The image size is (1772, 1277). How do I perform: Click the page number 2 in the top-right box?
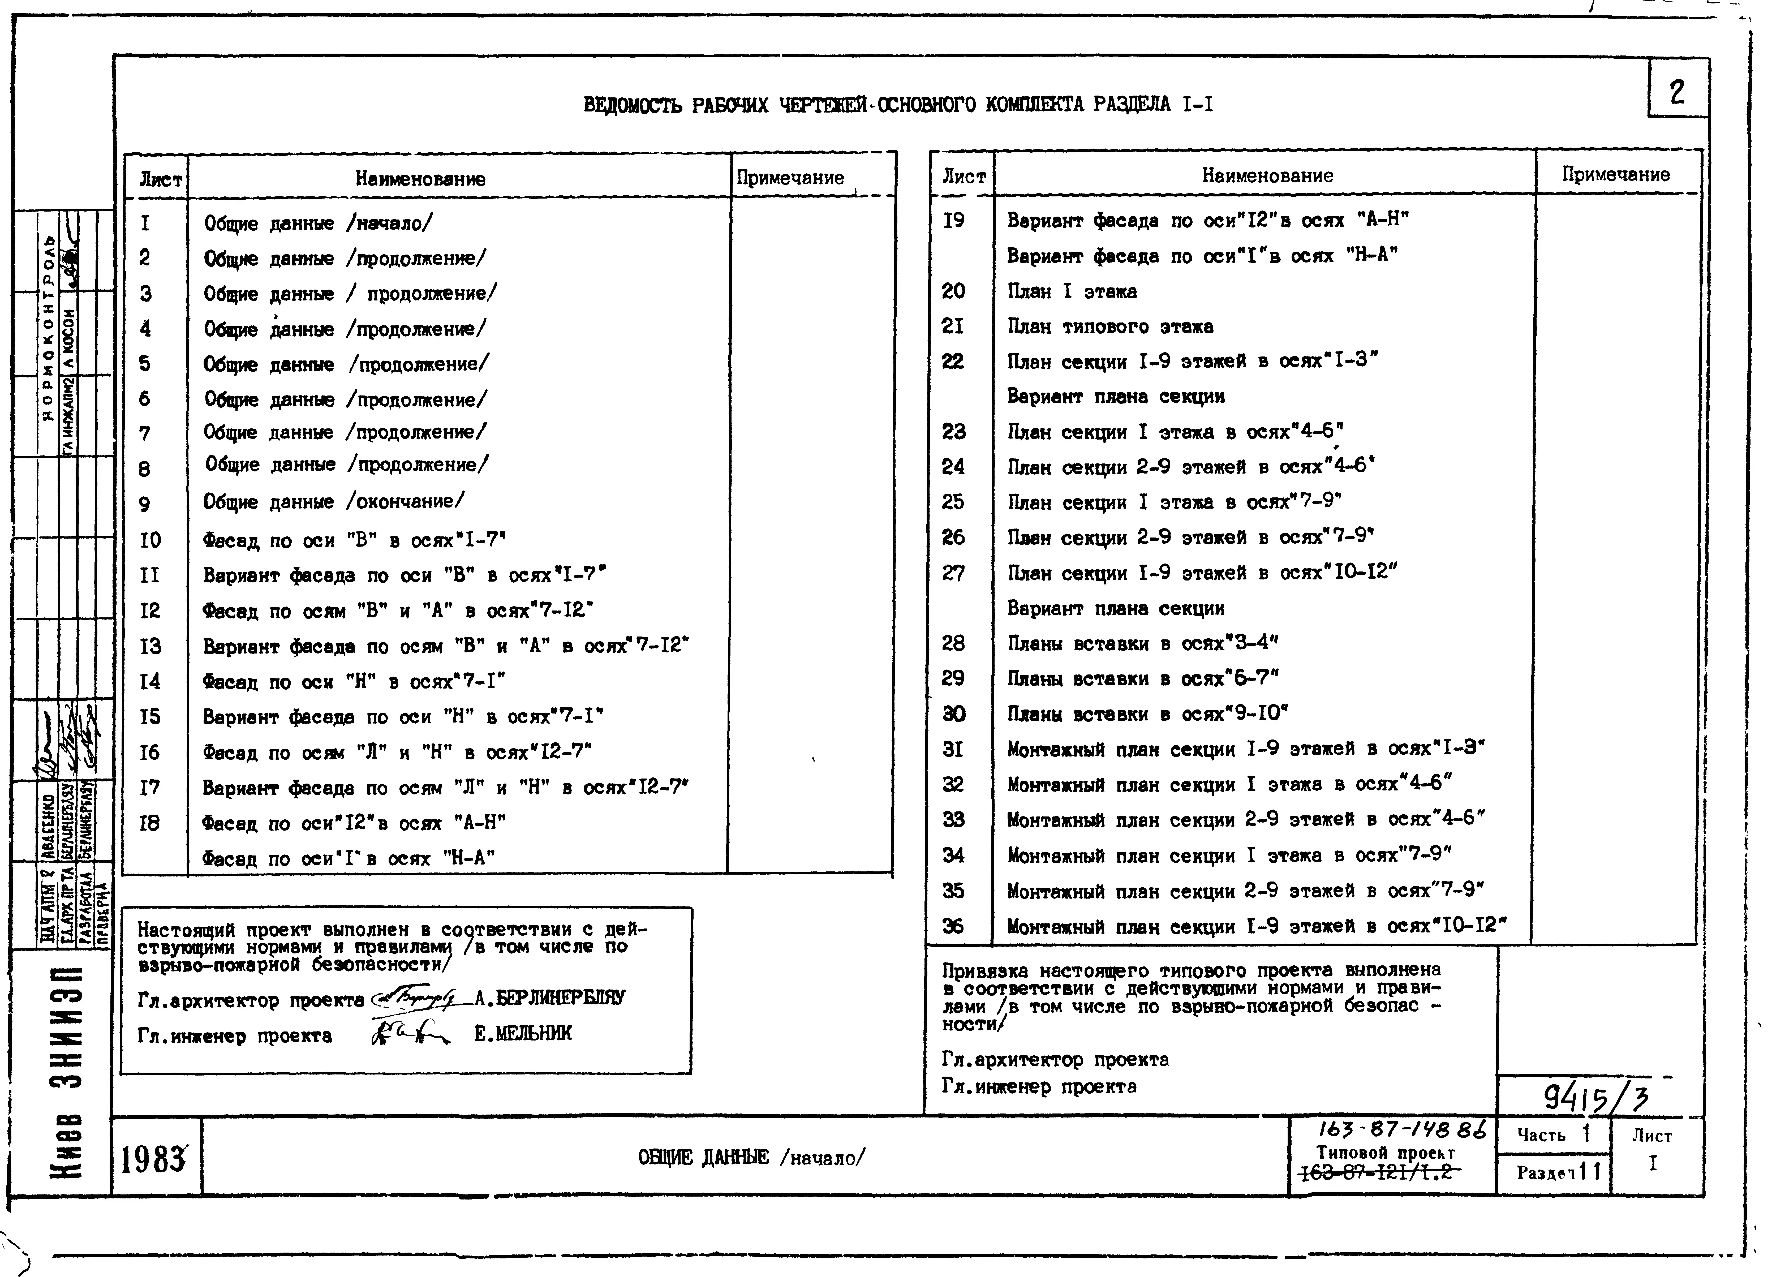[x=1677, y=93]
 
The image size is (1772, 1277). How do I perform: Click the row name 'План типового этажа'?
[x=1109, y=327]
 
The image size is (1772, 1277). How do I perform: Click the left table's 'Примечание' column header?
[x=790, y=178]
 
